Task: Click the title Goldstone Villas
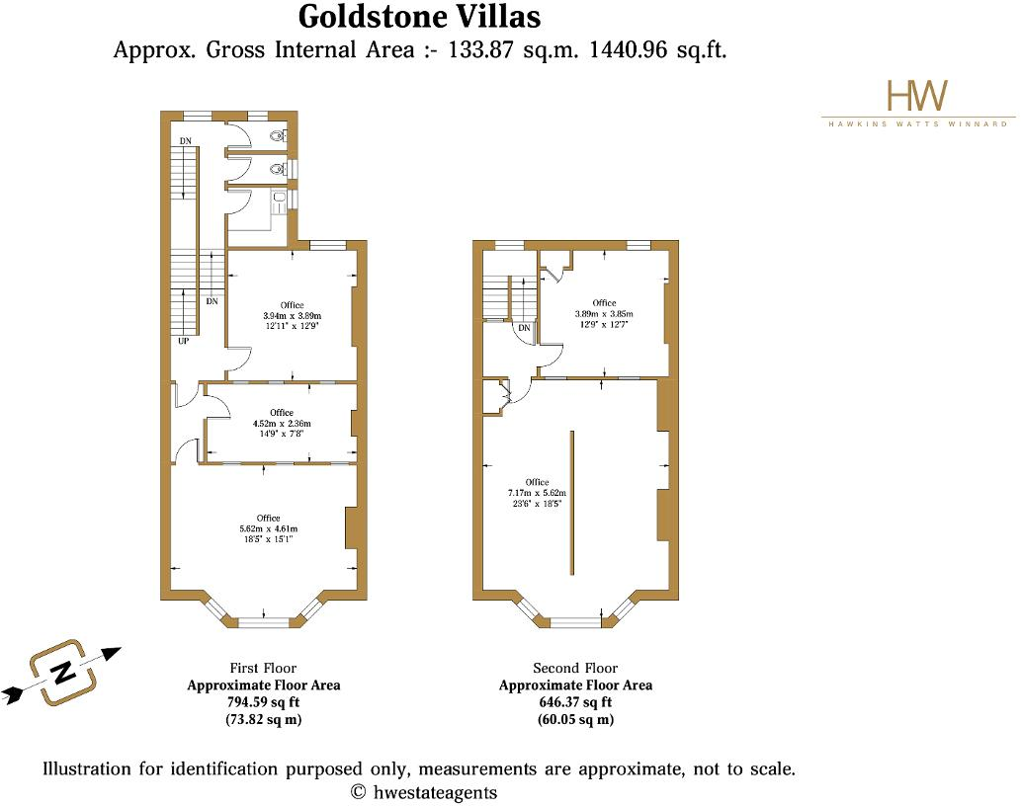pyautogui.click(x=419, y=17)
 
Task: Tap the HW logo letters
pyautogui.click(x=917, y=96)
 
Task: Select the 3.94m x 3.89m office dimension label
pyautogui.click(x=292, y=315)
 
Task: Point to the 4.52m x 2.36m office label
pyautogui.click(x=282, y=423)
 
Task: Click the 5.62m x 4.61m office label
pyautogui.click(x=268, y=528)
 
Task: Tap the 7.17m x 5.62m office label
pyautogui.click(x=537, y=492)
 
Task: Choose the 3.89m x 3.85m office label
pyautogui.click(x=604, y=313)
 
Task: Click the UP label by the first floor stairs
pyautogui.click(x=184, y=342)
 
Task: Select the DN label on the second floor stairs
pyautogui.click(x=525, y=328)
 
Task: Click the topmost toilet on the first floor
pyautogui.click(x=281, y=137)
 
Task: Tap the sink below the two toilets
pyautogui.click(x=280, y=201)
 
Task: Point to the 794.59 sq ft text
pyautogui.click(x=263, y=702)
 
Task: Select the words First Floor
pyautogui.click(x=263, y=669)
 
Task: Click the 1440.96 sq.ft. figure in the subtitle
pyautogui.click(x=657, y=50)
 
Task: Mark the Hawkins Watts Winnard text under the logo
pyautogui.click(x=917, y=124)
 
